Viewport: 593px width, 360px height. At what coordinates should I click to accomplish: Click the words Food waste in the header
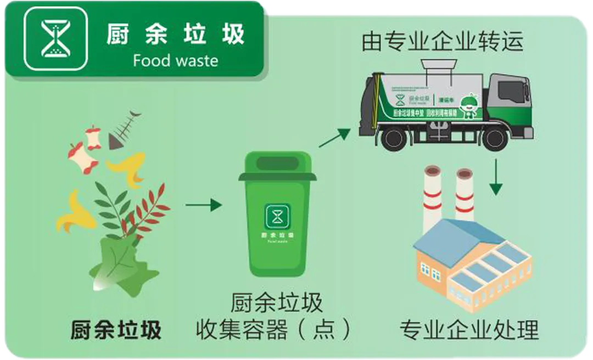tap(175, 60)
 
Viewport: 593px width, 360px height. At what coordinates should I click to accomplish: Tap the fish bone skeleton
tap(124, 130)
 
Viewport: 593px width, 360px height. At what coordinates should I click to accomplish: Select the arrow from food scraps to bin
tap(203, 205)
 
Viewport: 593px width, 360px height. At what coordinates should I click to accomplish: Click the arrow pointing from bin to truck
tap(334, 138)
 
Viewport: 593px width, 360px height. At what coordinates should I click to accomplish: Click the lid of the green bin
tap(277, 167)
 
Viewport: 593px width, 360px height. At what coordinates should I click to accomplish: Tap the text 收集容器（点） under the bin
tap(274, 330)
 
